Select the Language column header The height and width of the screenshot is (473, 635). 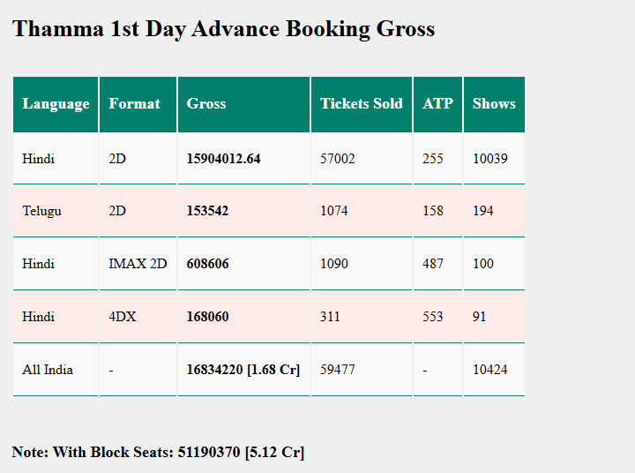point(56,104)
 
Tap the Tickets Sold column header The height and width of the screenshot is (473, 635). point(361,104)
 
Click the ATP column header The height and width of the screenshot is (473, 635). point(437,104)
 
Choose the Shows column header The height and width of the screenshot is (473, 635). point(494,104)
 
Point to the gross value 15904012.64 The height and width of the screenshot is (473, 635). point(223,159)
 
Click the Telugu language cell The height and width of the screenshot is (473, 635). point(41,211)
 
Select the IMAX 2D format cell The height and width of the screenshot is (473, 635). point(138,264)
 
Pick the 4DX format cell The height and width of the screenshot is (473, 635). point(123,317)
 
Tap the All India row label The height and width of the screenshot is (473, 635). point(48,370)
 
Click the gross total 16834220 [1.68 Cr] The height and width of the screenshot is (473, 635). point(243,370)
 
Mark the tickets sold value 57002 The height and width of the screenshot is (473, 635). point(338,159)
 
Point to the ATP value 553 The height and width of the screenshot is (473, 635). point(433,317)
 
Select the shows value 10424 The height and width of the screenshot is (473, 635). point(490,370)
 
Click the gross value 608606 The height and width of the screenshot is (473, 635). point(207,264)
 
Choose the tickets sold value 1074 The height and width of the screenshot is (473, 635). point(334,211)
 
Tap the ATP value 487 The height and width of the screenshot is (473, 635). point(433,264)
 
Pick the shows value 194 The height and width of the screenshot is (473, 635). point(483,211)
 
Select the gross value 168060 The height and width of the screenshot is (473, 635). point(207,317)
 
